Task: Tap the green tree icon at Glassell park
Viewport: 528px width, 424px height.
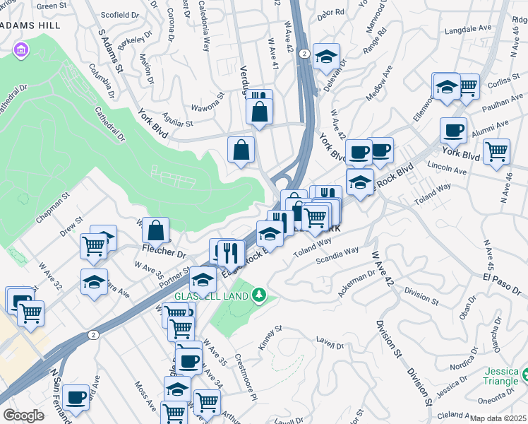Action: pyautogui.click(x=259, y=294)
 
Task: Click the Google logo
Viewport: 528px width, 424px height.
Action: pyautogui.click(x=23, y=416)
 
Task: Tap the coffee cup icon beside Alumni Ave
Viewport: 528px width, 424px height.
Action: pyautogui.click(x=453, y=131)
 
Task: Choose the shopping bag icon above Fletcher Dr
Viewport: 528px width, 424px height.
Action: pyautogui.click(x=155, y=230)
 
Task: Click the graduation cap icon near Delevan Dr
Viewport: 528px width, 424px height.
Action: pyautogui.click(x=326, y=57)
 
